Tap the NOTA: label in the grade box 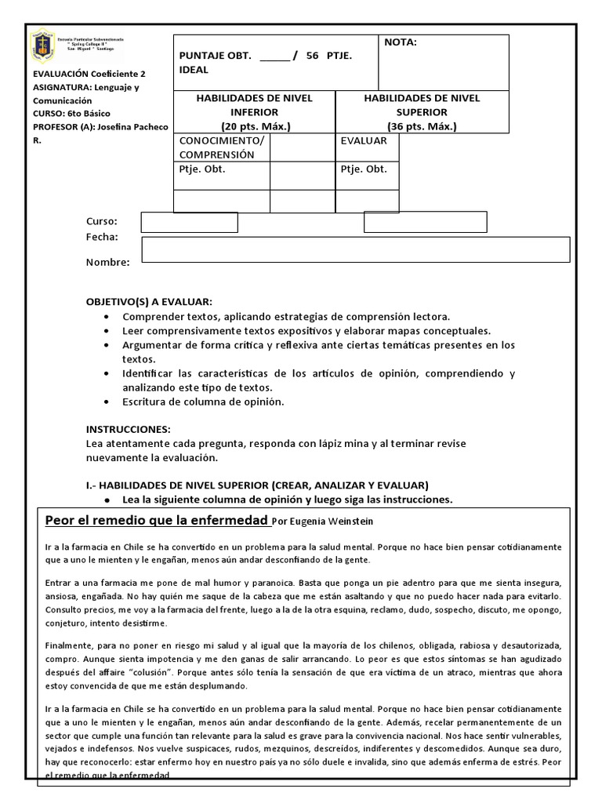click(400, 42)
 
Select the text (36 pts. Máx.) click(422, 126)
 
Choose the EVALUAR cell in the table click(364, 140)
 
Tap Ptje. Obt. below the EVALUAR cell click(364, 169)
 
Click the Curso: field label click(102, 221)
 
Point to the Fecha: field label click(102, 237)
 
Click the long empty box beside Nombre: click(355, 249)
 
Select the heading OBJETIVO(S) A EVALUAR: click(149, 302)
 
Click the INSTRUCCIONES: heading click(128, 429)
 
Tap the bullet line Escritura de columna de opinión click(203, 401)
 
